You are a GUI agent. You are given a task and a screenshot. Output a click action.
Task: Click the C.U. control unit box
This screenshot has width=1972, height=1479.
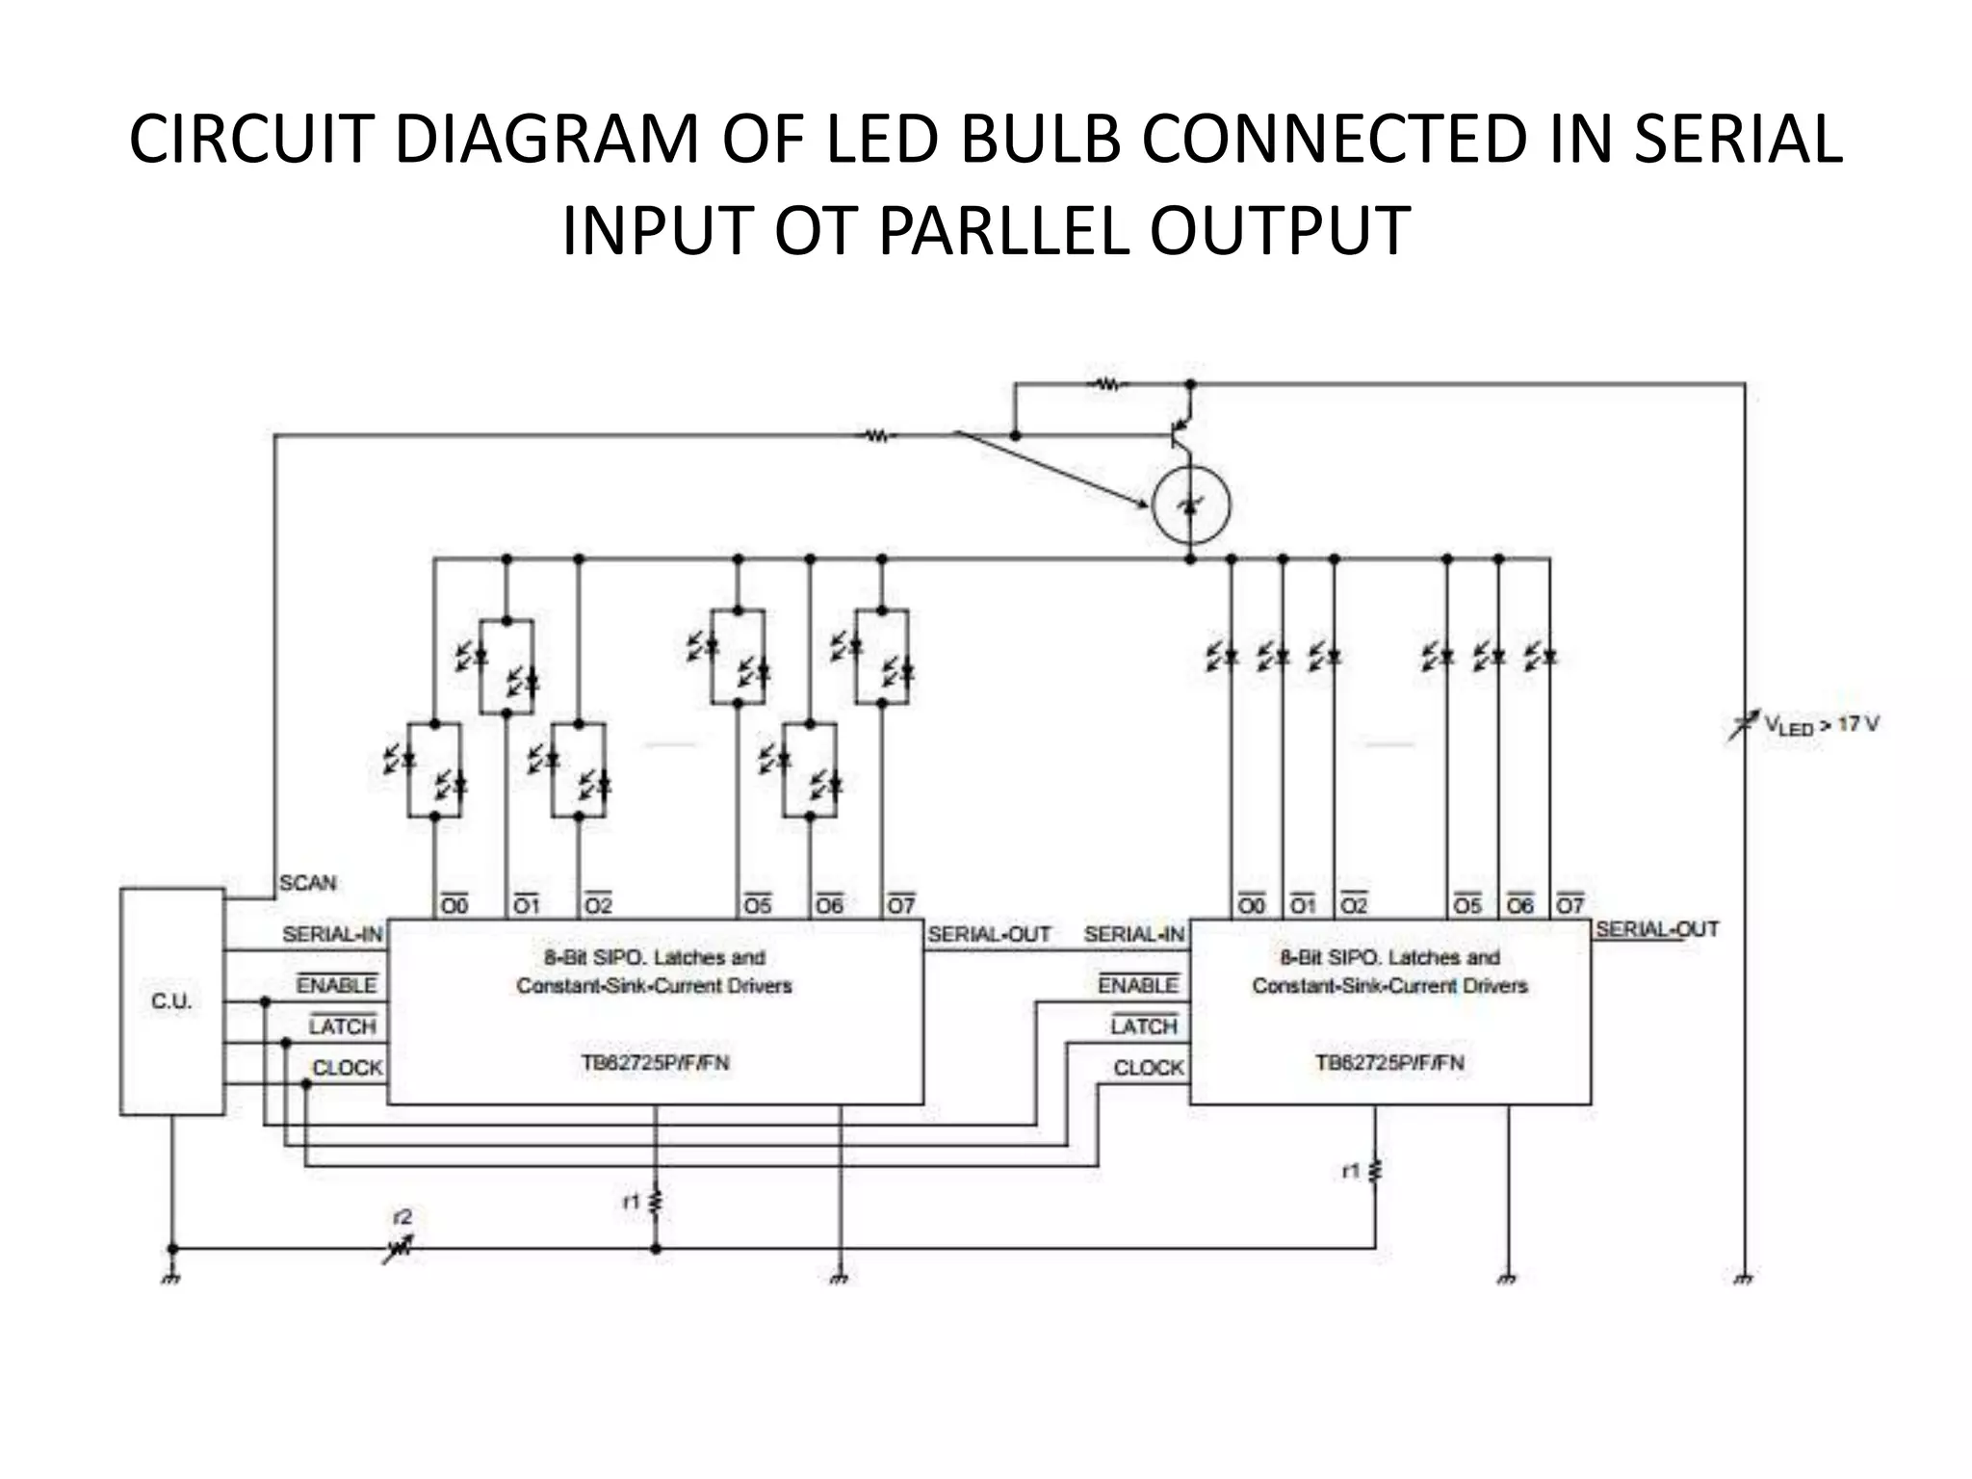[171, 1001]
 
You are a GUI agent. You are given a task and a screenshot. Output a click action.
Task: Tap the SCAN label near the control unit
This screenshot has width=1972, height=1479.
[307, 883]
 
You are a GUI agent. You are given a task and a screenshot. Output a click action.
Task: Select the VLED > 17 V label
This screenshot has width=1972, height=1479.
[1820, 724]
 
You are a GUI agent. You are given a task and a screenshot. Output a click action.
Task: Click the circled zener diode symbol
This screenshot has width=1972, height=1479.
[1190, 505]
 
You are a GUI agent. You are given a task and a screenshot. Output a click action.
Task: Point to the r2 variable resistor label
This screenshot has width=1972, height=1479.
[402, 1217]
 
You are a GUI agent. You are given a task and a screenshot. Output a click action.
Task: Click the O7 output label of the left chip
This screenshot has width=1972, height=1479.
[900, 906]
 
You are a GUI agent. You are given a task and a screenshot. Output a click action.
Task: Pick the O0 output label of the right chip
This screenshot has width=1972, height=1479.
[1251, 906]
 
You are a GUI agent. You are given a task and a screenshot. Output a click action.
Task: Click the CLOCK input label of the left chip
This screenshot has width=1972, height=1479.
[348, 1068]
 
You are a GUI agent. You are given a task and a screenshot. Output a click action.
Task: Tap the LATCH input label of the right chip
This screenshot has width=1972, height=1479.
[1143, 1026]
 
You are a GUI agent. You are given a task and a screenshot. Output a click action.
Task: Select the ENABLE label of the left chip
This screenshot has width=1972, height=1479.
[336, 985]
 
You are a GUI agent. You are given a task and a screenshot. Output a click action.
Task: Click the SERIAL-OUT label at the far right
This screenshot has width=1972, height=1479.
[1656, 929]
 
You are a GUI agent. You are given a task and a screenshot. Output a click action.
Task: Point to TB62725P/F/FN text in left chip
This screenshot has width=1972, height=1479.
[655, 1063]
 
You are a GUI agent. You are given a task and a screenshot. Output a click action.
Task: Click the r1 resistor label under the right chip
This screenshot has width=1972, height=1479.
[1350, 1171]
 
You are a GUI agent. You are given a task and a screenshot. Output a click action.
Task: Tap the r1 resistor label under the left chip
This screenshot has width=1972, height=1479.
[631, 1202]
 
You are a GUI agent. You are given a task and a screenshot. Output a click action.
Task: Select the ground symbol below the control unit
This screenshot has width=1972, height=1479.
[171, 1278]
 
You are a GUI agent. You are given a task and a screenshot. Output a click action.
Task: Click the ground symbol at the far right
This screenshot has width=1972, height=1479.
[1744, 1278]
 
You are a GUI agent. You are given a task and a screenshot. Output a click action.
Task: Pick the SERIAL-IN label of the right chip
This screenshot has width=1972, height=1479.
[1133, 934]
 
